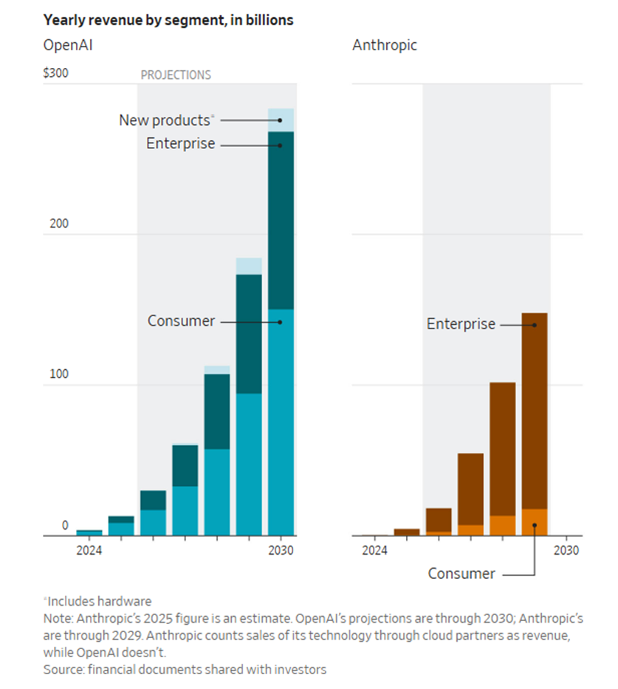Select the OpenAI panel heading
68,46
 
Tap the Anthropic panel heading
384,46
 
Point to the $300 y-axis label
56,75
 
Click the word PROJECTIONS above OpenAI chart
176,75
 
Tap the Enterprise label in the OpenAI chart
180,144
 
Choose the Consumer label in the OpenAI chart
181,321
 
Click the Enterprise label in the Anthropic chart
461,324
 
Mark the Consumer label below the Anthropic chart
461,574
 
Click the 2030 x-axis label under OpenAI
281,550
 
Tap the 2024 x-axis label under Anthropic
374,550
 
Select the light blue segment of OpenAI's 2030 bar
281,120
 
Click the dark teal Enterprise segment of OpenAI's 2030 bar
281,222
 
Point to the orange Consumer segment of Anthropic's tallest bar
534,521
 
